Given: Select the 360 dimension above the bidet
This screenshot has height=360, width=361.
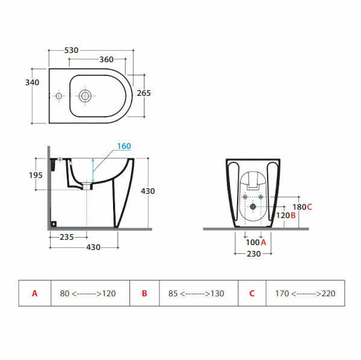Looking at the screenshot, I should click(x=106, y=60).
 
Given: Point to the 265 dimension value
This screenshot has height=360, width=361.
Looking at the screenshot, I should click(x=144, y=93).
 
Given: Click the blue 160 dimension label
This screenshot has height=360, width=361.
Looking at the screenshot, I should click(x=124, y=146).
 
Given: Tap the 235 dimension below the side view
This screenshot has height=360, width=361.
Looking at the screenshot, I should click(x=67, y=237).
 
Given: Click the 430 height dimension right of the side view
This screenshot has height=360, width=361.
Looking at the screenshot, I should click(x=147, y=191).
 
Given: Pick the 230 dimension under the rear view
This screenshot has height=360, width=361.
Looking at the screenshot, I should click(x=253, y=253).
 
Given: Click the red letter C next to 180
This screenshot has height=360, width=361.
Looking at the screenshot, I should click(x=309, y=206).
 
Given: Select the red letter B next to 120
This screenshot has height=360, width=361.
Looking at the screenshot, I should click(x=293, y=215).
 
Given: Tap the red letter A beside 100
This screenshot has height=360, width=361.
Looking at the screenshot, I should click(x=264, y=242).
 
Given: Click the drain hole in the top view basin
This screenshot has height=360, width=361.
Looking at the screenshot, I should click(x=84, y=95).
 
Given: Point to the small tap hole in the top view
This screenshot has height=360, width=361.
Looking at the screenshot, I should click(x=58, y=95).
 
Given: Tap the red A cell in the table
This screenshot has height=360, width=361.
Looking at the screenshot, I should click(x=35, y=293).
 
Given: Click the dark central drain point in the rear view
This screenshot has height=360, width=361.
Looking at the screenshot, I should click(x=253, y=206).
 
